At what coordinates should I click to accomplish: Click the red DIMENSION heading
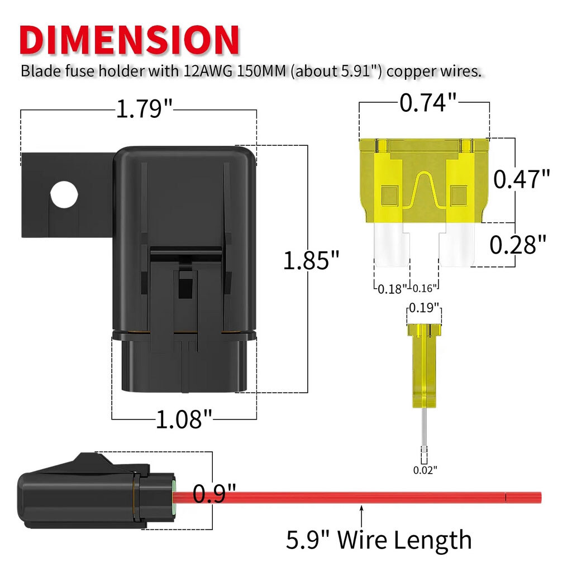pos(130,40)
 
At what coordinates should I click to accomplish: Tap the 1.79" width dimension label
pos(144,109)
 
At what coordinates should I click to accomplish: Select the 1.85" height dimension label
pos(311,260)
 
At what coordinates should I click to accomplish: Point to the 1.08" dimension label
pos(184,419)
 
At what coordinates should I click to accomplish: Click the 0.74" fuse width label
pos(428,103)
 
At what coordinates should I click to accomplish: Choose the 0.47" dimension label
pos(521,179)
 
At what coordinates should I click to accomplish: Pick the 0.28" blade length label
pos(518,245)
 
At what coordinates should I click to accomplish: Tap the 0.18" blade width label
pos(392,289)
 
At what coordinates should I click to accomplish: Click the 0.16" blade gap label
pos(425,289)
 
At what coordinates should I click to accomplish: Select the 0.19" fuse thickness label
pos(423,308)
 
